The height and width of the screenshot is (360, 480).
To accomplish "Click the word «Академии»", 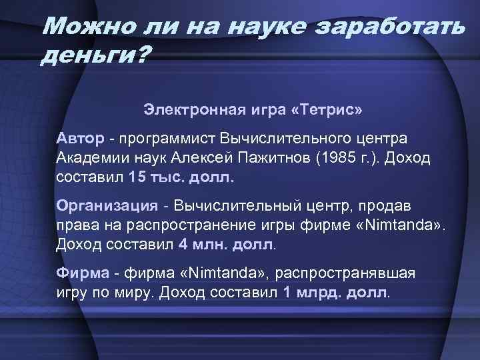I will [89, 159].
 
